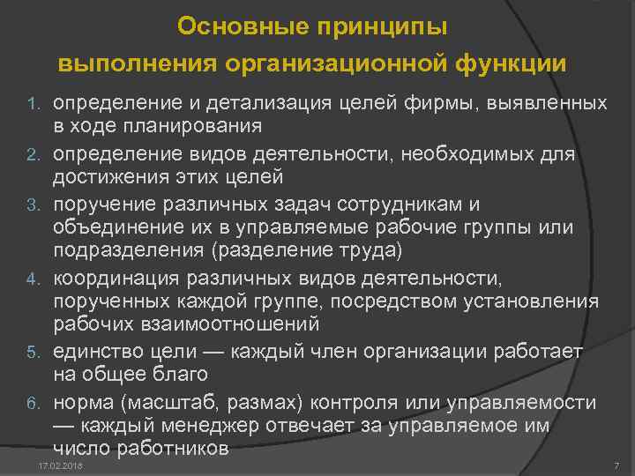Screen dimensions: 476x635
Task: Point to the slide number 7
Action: pos(616,465)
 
